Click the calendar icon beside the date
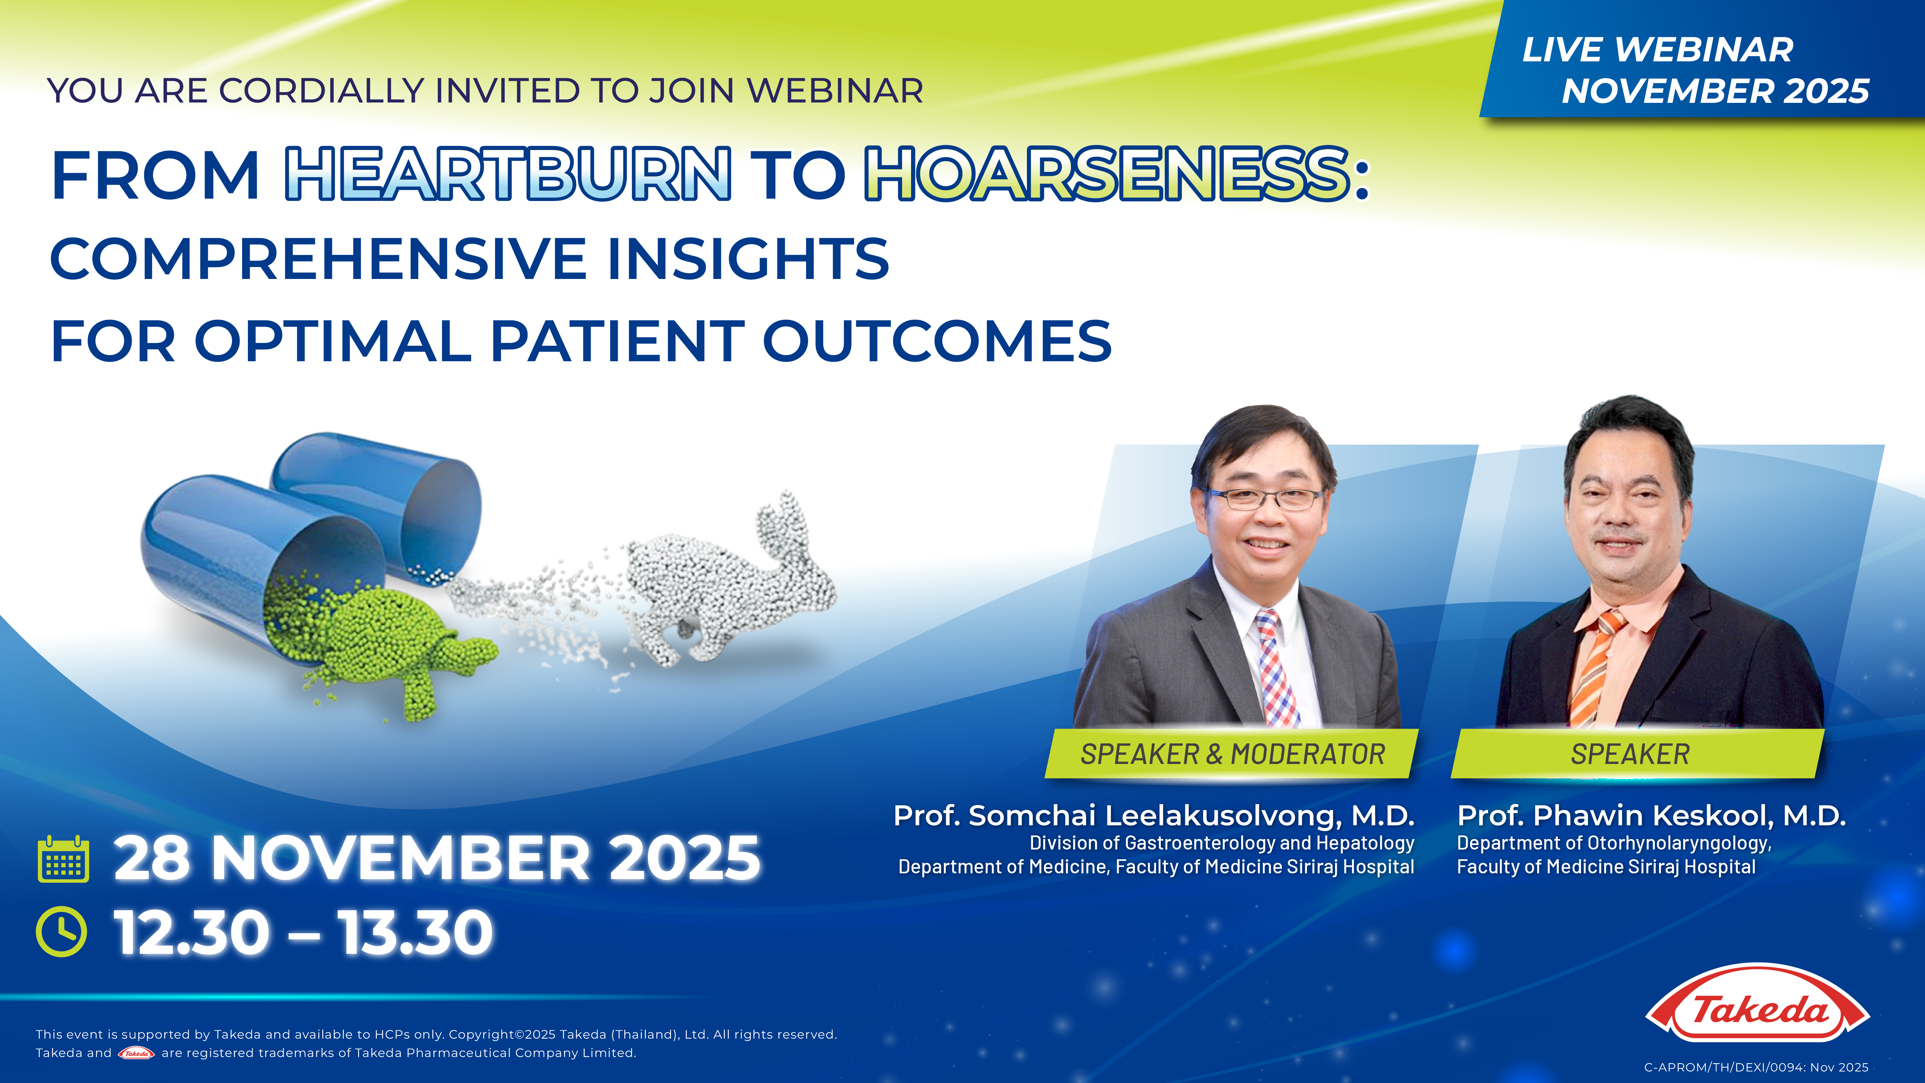(64, 860)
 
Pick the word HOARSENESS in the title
(1107, 174)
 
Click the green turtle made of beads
(396, 643)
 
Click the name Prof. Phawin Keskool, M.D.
(1651, 816)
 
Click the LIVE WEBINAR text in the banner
(1658, 50)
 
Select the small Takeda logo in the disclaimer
(136, 1053)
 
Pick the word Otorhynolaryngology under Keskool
(1677, 843)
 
